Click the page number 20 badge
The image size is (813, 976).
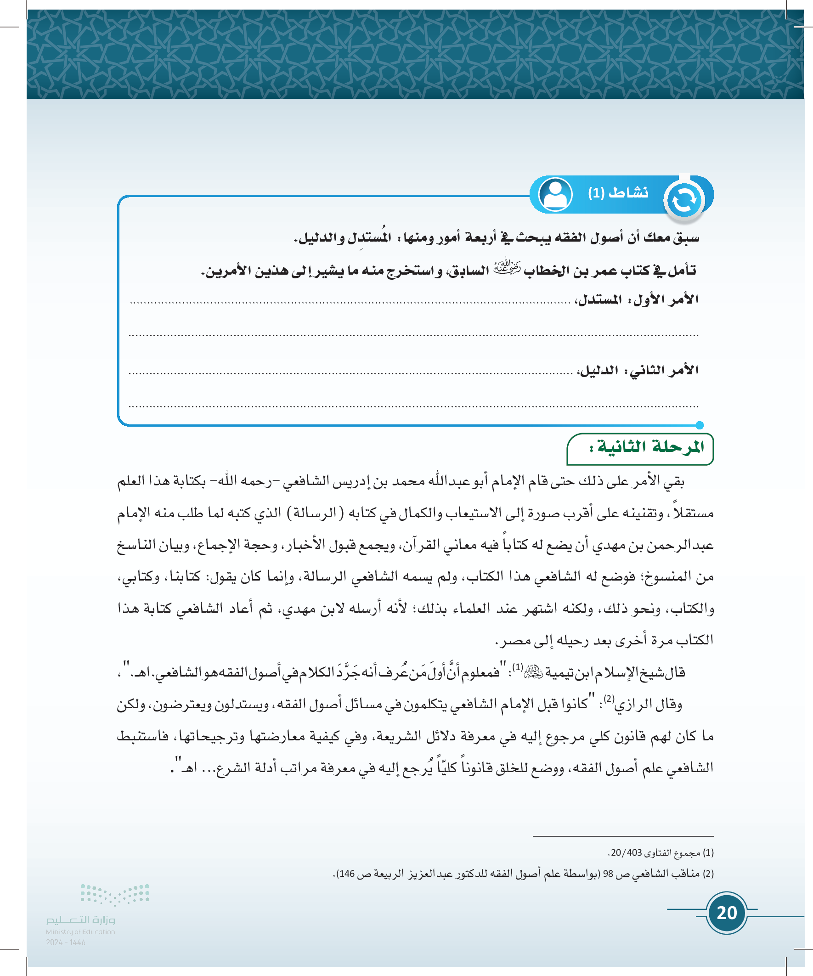coord(727,913)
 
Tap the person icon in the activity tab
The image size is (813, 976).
coord(555,194)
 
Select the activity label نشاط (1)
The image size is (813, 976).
coord(618,192)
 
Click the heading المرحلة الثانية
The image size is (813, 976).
coord(646,447)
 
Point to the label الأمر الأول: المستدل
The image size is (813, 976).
coord(637,300)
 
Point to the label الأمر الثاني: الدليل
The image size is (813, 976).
coord(638,370)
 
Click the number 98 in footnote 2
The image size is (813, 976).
coord(608,874)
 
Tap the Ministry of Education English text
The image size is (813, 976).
coord(80,931)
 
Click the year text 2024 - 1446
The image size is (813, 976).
coord(66,942)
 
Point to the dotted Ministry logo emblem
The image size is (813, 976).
coord(115,894)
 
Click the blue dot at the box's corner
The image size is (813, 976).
coord(700,425)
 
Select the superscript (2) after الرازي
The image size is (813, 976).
coord(609,699)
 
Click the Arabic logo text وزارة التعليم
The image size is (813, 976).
coord(80,920)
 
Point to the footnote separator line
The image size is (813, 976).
coord(623,836)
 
